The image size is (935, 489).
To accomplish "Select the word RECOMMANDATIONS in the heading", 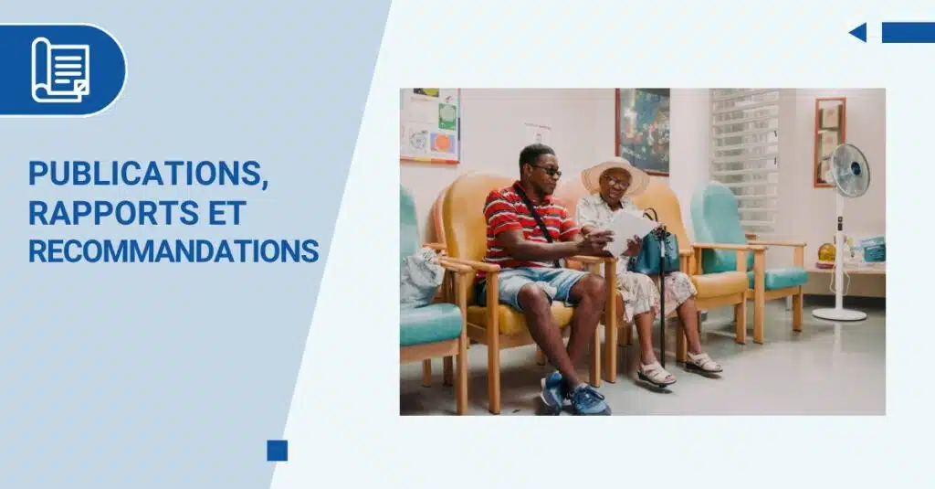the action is (x=173, y=251).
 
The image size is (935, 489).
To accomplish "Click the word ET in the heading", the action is (x=226, y=213).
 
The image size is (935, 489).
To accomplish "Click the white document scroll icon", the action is (x=60, y=69).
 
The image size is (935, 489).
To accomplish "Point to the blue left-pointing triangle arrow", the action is (x=857, y=32).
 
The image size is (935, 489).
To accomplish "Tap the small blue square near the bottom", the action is (x=278, y=451).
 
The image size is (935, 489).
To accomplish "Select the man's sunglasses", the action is (x=547, y=171).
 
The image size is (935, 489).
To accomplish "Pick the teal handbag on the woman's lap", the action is (x=655, y=250).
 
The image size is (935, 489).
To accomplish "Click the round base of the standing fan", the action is (x=839, y=314).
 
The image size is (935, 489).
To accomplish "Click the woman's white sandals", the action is (x=678, y=367).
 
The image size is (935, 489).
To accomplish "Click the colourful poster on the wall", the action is (x=430, y=125).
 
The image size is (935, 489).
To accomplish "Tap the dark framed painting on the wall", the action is (x=643, y=132).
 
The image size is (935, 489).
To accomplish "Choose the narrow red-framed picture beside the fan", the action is (x=829, y=141).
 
